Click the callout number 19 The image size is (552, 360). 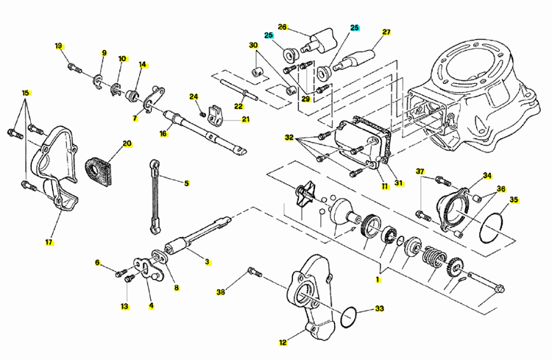(x=59, y=46)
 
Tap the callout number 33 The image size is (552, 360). (x=379, y=308)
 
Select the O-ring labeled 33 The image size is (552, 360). (x=349, y=317)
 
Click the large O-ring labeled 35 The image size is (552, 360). (x=491, y=228)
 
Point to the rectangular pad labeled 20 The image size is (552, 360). (x=99, y=172)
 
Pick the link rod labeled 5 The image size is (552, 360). (x=155, y=197)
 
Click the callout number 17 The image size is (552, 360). (x=49, y=242)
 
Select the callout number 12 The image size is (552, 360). (x=283, y=342)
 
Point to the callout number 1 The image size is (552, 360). (x=378, y=280)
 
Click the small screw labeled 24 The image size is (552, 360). (x=203, y=114)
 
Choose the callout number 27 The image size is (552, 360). (x=386, y=32)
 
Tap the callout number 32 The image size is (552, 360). (x=289, y=138)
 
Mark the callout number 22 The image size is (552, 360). (x=238, y=106)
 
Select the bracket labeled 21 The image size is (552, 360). (x=215, y=115)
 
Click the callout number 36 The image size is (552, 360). (x=501, y=188)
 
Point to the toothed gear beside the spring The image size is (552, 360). (x=456, y=270)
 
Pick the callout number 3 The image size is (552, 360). (x=208, y=262)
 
